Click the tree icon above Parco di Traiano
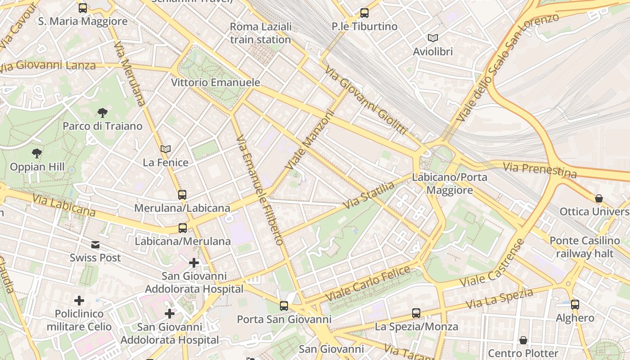pyautogui.click(x=103, y=112)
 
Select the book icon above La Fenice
pyautogui.click(x=166, y=149)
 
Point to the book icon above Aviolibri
pyautogui.click(x=433, y=38)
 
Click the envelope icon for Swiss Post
pyautogui.click(x=95, y=245)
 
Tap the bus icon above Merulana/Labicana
pyautogui.click(x=182, y=195)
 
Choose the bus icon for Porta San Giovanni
pyautogui.click(x=284, y=306)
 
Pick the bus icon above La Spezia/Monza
pyautogui.click(x=416, y=313)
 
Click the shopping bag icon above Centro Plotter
pyautogui.click(x=523, y=340)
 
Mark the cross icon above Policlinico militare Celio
pyautogui.click(x=79, y=300)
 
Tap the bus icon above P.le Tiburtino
pyautogui.click(x=364, y=13)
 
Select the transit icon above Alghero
pyautogui.click(x=575, y=305)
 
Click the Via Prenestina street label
pyautogui.click(x=540, y=170)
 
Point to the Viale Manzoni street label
pyautogui.click(x=311, y=140)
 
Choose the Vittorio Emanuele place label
pyautogui.click(x=216, y=82)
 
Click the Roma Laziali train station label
pyautogui.click(x=261, y=33)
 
